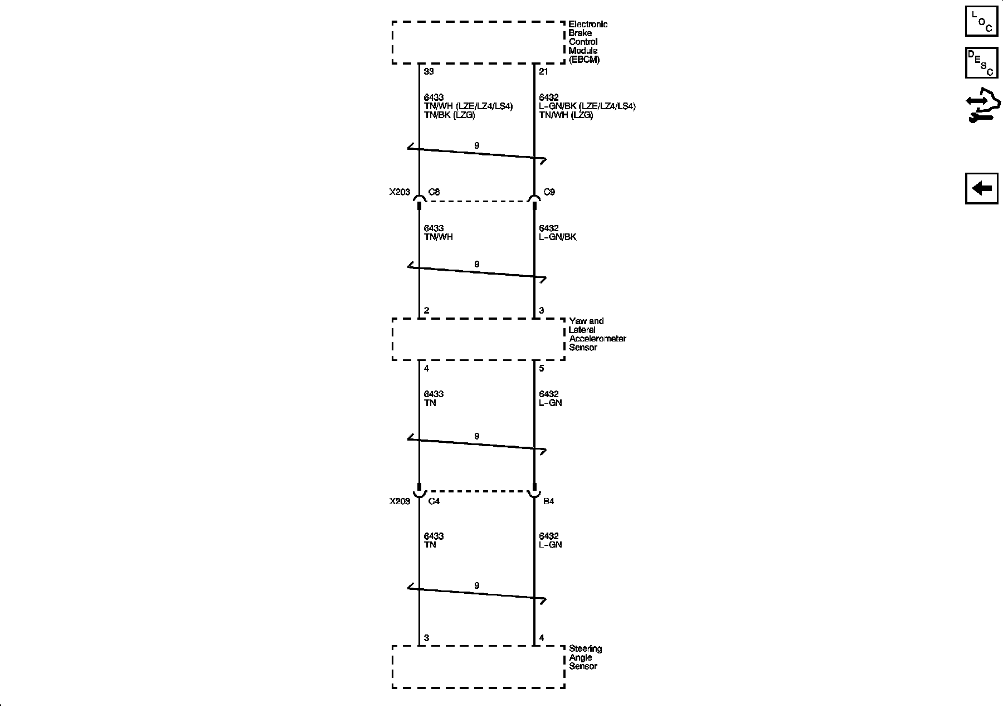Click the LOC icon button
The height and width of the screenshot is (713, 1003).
coord(981,21)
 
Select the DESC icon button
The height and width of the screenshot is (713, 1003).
coord(981,63)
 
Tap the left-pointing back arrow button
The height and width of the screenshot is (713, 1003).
coord(981,188)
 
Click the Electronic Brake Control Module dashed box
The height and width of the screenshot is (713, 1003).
coord(478,42)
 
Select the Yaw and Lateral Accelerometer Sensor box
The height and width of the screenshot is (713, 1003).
coord(478,339)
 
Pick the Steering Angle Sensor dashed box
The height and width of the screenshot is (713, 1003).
coord(478,667)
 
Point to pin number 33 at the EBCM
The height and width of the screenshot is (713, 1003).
coord(429,71)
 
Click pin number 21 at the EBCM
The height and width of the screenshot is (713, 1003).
coord(543,71)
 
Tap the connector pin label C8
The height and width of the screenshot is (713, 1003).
coord(434,192)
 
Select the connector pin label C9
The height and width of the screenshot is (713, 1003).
coord(549,192)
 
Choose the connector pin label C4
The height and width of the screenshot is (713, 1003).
coord(434,501)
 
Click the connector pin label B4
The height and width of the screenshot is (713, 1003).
coord(548,501)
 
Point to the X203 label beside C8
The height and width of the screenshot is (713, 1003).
coord(400,192)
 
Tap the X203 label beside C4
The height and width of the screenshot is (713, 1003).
coord(400,501)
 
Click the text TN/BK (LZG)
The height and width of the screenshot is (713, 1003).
coord(449,115)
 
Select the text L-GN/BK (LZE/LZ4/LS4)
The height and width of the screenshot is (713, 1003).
coord(587,106)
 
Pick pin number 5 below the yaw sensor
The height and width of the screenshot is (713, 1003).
coord(541,368)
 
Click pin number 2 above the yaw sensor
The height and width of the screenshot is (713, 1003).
coord(426,310)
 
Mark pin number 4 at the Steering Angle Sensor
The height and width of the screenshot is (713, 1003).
coord(541,638)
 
